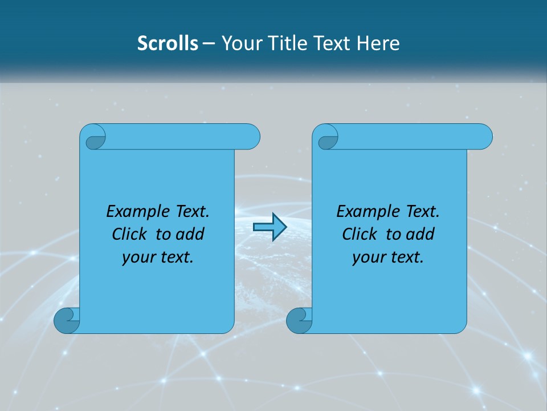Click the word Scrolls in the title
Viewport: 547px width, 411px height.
(x=168, y=43)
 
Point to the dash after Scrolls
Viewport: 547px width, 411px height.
(x=209, y=43)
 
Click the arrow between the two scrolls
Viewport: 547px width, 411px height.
(x=270, y=227)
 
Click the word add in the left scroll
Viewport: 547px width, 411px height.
(x=190, y=234)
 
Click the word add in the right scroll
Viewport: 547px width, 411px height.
(x=420, y=234)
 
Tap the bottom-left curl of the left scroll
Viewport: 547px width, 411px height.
(x=66, y=320)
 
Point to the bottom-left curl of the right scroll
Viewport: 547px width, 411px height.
(x=299, y=320)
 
